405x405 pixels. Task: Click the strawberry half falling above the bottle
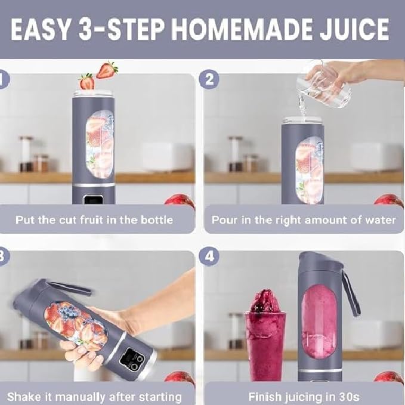click(107, 70)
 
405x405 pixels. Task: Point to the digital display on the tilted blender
click(135, 360)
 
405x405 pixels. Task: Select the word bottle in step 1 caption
click(156, 219)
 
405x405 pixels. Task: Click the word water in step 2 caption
click(379, 219)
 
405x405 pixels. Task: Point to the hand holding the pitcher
click(352, 72)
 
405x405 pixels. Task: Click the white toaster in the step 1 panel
click(168, 156)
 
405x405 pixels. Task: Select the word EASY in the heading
click(41, 29)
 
